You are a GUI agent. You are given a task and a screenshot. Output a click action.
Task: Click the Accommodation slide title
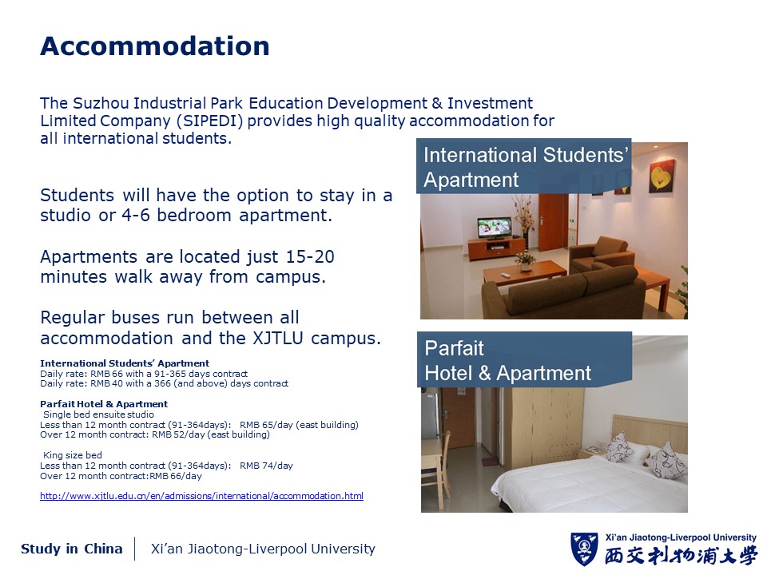[154, 46]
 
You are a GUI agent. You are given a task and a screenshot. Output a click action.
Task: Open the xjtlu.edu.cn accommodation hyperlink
[201, 496]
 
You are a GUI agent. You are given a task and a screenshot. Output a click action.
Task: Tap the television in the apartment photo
[495, 228]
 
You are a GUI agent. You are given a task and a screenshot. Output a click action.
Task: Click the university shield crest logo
[584, 549]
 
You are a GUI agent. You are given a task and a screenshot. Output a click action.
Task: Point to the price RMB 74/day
[266, 466]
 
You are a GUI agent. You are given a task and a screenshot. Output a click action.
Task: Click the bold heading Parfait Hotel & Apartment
[104, 404]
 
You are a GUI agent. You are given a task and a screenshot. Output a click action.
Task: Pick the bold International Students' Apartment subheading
[125, 363]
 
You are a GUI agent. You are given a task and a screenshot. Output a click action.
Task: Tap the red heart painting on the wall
[662, 176]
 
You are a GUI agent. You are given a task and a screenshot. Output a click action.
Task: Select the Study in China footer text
[71, 549]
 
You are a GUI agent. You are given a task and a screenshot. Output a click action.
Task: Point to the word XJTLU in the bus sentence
[277, 338]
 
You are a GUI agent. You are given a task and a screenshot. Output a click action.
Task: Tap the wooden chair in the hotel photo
[436, 470]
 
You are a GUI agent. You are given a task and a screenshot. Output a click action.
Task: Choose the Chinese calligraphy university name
[681, 557]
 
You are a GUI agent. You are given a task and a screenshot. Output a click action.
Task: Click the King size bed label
[73, 455]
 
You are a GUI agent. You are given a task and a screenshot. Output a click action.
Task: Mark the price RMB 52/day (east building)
[211, 434]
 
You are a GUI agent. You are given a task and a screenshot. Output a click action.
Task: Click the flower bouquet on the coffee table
[525, 260]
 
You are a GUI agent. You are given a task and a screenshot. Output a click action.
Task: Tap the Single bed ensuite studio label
[98, 414]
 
